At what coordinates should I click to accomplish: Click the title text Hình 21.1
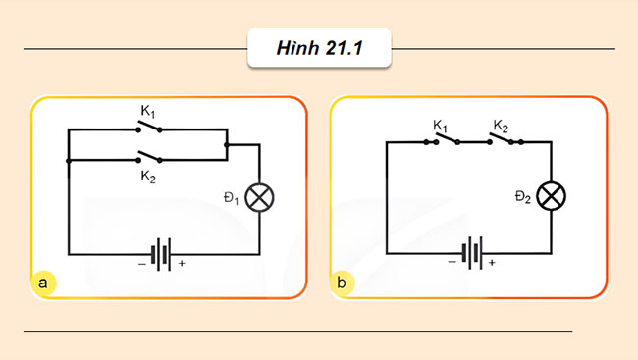[320, 49]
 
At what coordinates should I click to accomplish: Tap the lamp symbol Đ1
[259, 197]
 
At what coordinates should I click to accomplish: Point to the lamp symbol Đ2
[554, 197]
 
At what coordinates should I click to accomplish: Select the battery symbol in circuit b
[472, 253]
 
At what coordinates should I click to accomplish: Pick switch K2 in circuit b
[505, 141]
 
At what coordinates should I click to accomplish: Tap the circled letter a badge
[43, 283]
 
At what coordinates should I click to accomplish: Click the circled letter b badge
[342, 283]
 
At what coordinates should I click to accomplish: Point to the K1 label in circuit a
[148, 111]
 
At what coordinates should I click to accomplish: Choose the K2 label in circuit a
[148, 178]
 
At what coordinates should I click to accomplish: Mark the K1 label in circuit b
[441, 126]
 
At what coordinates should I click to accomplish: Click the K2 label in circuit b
[501, 126]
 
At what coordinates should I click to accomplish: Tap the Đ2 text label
[522, 199]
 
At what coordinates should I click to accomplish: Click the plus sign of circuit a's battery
[182, 264]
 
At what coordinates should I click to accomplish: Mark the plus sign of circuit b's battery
[492, 264]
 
